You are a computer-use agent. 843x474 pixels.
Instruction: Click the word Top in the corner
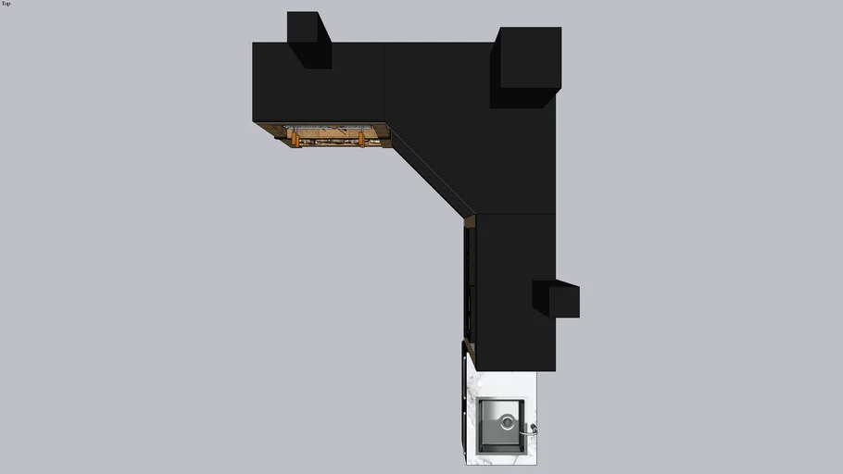pyautogui.click(x=6, y=4)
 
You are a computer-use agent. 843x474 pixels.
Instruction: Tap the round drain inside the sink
pyautogui.click(x=507, y=422)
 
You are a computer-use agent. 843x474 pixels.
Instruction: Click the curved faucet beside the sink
pyautogui.click(x=529, y=430)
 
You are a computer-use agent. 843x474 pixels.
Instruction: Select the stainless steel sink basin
pyautogui.click(x=501, y=425)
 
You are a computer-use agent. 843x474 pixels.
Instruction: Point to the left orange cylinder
pyautogui.click(x=296, y=140)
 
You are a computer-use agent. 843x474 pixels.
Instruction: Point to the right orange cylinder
pyautogui.click(x=361, y=140)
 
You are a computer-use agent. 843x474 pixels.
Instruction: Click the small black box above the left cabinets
pyautogui.click(x=309, y=40)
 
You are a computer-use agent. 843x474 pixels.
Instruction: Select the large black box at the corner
pyautogui.click(x=526, y=67)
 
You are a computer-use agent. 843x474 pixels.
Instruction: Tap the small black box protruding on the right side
pyautogui.click(x=556, y=298)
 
